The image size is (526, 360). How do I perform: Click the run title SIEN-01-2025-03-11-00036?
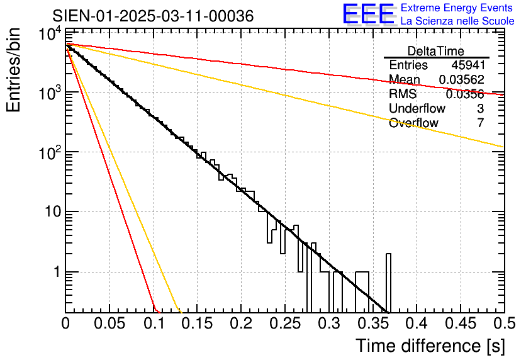coord(153,16)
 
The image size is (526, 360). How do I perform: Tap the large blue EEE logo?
coord(367,14)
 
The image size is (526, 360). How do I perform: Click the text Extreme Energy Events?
coord(457,8)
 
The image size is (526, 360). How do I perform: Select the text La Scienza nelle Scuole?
coord(457,21)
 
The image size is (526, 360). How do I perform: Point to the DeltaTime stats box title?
coord(436,51)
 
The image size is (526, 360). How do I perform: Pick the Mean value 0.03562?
coord(461,80)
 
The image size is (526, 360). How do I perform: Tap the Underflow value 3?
coord(480,109)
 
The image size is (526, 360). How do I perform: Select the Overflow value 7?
coord(480,123)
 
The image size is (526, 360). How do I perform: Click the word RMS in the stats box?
coord(403,94)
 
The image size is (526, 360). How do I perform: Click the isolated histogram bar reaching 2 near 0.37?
coord(388,283)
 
